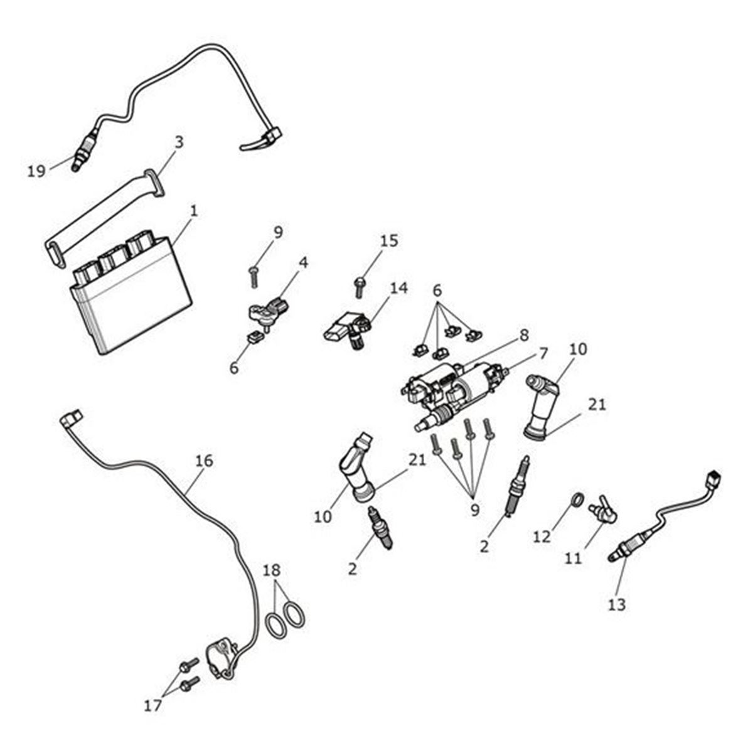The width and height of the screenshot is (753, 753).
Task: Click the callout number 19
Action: coord(37,170)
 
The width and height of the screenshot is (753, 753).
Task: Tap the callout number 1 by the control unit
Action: coord(193,211)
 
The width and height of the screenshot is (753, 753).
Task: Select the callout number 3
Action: coord(179,142)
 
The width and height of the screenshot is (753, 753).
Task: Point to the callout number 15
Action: coord(389,241)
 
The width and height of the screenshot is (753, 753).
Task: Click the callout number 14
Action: coord(398,288)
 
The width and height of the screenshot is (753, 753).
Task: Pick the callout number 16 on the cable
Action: coord(204,461)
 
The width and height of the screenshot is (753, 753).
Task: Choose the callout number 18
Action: coord(272,570)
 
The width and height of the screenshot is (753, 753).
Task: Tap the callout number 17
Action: coord(152,705)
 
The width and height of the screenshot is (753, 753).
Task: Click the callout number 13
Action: coord(617,604)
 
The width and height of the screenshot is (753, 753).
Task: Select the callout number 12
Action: coord(542,537)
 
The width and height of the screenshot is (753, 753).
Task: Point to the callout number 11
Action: coord(573,557)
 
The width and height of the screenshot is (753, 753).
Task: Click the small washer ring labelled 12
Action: coord(579,500)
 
